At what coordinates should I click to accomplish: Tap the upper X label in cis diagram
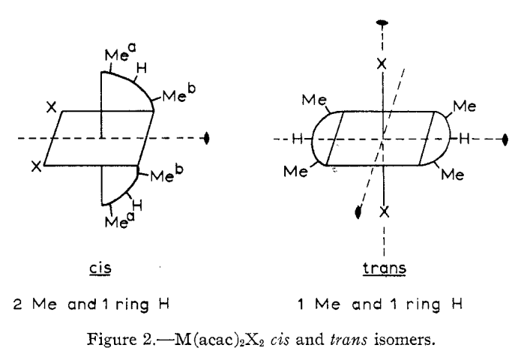tap(50, 108)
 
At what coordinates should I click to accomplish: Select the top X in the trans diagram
tap(382, 64)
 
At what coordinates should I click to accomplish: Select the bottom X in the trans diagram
tap(384, 212)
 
